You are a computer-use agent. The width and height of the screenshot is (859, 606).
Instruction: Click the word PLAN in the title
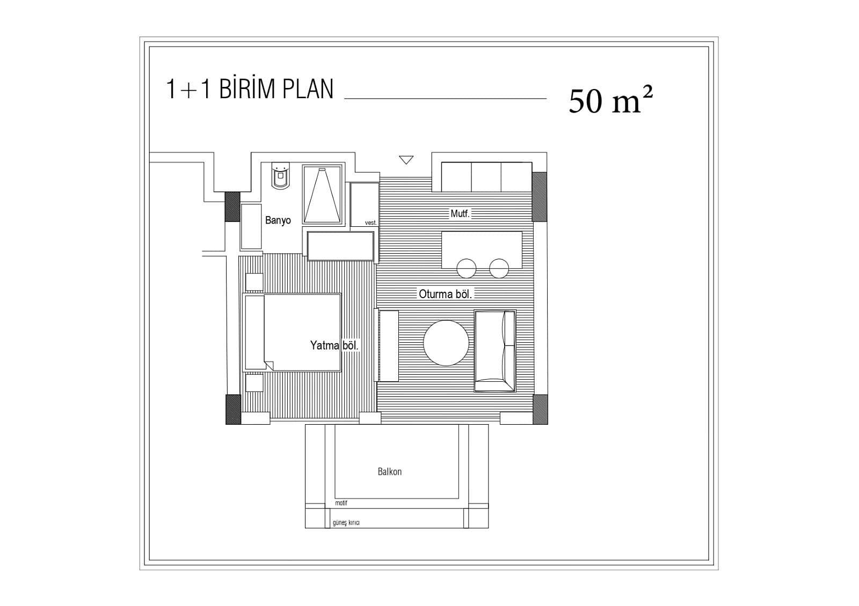pos(308,89)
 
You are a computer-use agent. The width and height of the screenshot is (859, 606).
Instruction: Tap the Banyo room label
pos(278,220)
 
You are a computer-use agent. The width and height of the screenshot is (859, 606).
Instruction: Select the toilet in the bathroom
pos(281,176)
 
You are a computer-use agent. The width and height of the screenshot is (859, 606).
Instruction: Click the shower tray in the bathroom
pos(322,194)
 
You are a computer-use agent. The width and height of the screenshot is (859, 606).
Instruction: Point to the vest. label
pos(371,223)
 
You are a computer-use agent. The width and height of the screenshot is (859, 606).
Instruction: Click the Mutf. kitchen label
pos(460,213)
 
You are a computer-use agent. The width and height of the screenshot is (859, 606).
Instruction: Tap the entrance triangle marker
pos(406,160)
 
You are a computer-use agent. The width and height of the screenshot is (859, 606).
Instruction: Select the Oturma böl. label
pos(445,294)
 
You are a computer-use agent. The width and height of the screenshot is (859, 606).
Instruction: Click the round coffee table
pos(446,343)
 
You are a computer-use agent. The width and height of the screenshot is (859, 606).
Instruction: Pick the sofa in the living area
pos(495,351)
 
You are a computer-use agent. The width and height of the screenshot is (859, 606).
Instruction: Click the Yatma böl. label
pos(334,345)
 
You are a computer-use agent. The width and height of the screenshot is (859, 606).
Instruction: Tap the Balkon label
pos(390,471)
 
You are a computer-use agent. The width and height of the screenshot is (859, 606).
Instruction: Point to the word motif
pos(341,503)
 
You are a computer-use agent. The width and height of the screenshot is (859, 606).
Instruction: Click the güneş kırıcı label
pos(346,522)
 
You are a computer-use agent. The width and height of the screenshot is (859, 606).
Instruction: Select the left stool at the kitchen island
pos(467,268)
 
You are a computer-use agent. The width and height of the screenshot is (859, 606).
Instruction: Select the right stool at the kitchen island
pos(499,268)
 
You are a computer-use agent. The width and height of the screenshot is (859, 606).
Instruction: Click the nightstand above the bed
pos(254,282)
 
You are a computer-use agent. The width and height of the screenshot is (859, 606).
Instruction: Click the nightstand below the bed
pos(254,383)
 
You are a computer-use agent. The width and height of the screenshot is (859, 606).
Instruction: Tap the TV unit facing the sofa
pos(389,346)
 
